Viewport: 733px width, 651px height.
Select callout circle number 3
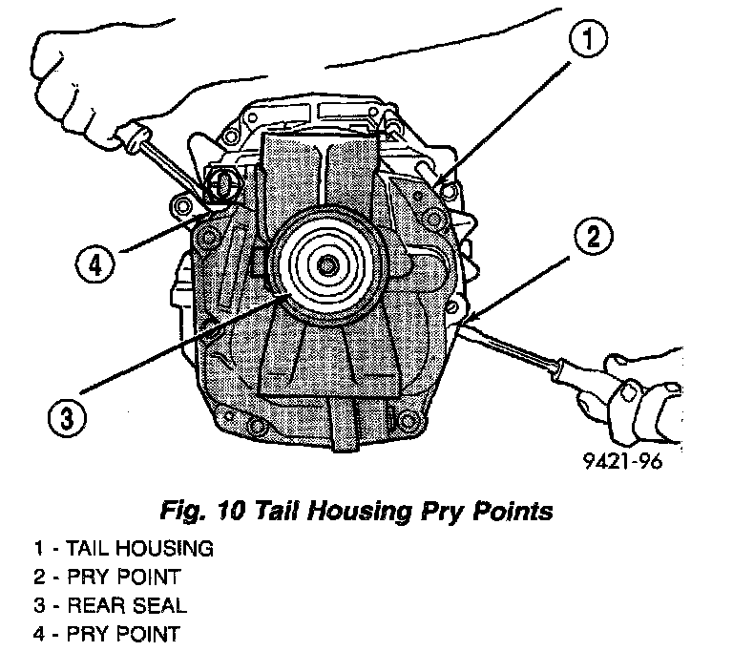click(64, 416)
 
